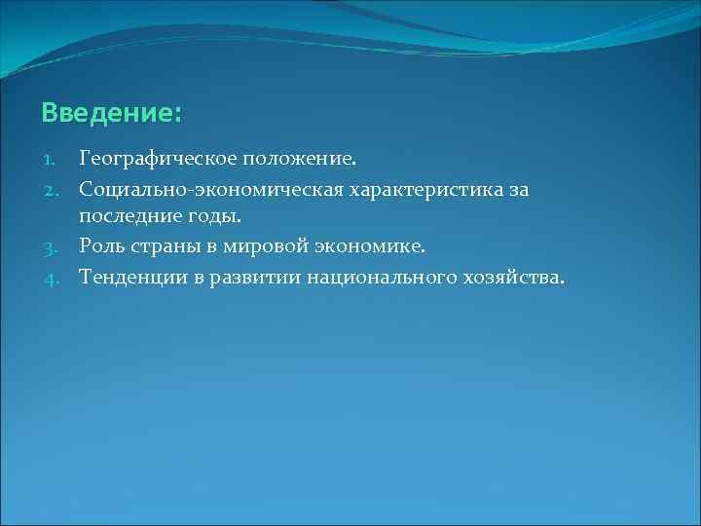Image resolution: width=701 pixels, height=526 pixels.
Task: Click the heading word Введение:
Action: [x=111, y=114]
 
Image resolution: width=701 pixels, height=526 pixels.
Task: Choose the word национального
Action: [x=373, y=279]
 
